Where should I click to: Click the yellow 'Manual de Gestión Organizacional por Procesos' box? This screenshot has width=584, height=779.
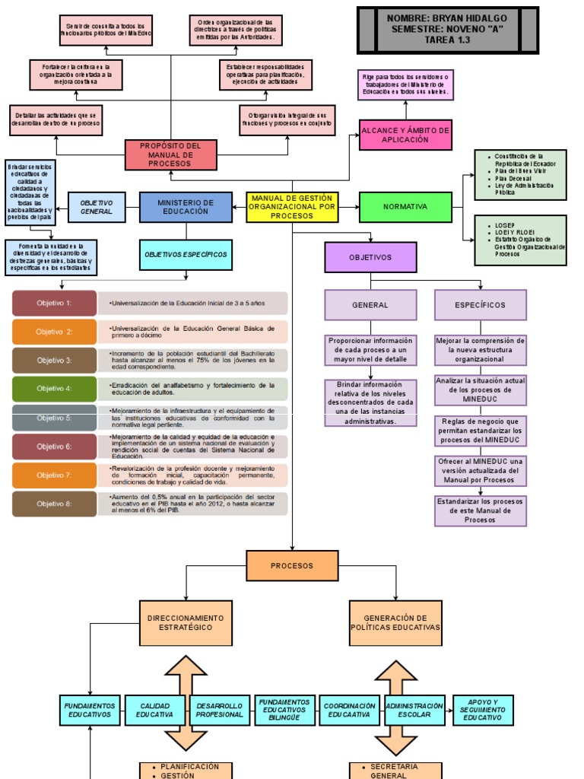[x=292, y=207]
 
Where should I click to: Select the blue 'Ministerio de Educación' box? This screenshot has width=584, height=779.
[x=186, y=207]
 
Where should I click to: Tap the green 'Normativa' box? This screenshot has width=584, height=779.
[x=405, y=207]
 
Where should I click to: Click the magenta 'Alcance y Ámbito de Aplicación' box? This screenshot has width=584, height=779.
[x=405, y=135]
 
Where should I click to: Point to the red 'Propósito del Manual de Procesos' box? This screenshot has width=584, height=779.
[x=170, y=154]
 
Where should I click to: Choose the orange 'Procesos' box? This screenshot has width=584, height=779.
[x=292, y=566]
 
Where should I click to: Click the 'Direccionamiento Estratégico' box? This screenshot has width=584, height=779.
[x=186, y=623]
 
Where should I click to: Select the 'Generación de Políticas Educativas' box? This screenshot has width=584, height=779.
[x=396, y=623]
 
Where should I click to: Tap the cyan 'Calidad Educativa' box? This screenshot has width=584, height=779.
[x=154, y=710]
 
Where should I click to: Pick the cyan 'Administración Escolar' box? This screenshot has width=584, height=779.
[x=414, y=710]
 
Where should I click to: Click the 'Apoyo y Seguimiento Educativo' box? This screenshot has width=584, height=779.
[x=483, y=710]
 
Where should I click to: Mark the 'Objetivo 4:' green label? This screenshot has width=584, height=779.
[x=55, y=389]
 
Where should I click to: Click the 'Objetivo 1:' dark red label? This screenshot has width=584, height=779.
[x=55, y=303]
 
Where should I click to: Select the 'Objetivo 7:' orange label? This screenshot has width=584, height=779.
[x=55, y=475]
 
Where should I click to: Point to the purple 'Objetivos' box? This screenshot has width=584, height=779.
[x=370, y=257]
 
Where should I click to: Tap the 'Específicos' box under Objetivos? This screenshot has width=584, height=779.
[x=480, y=305]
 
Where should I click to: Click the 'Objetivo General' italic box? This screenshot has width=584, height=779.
[x=97, y=207]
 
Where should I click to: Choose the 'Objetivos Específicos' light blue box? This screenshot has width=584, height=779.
[x=186, y=254]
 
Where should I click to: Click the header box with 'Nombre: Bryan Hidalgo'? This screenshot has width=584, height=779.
[x=447, y=29]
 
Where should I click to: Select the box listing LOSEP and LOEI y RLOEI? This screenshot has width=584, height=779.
[x=520, y=240]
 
